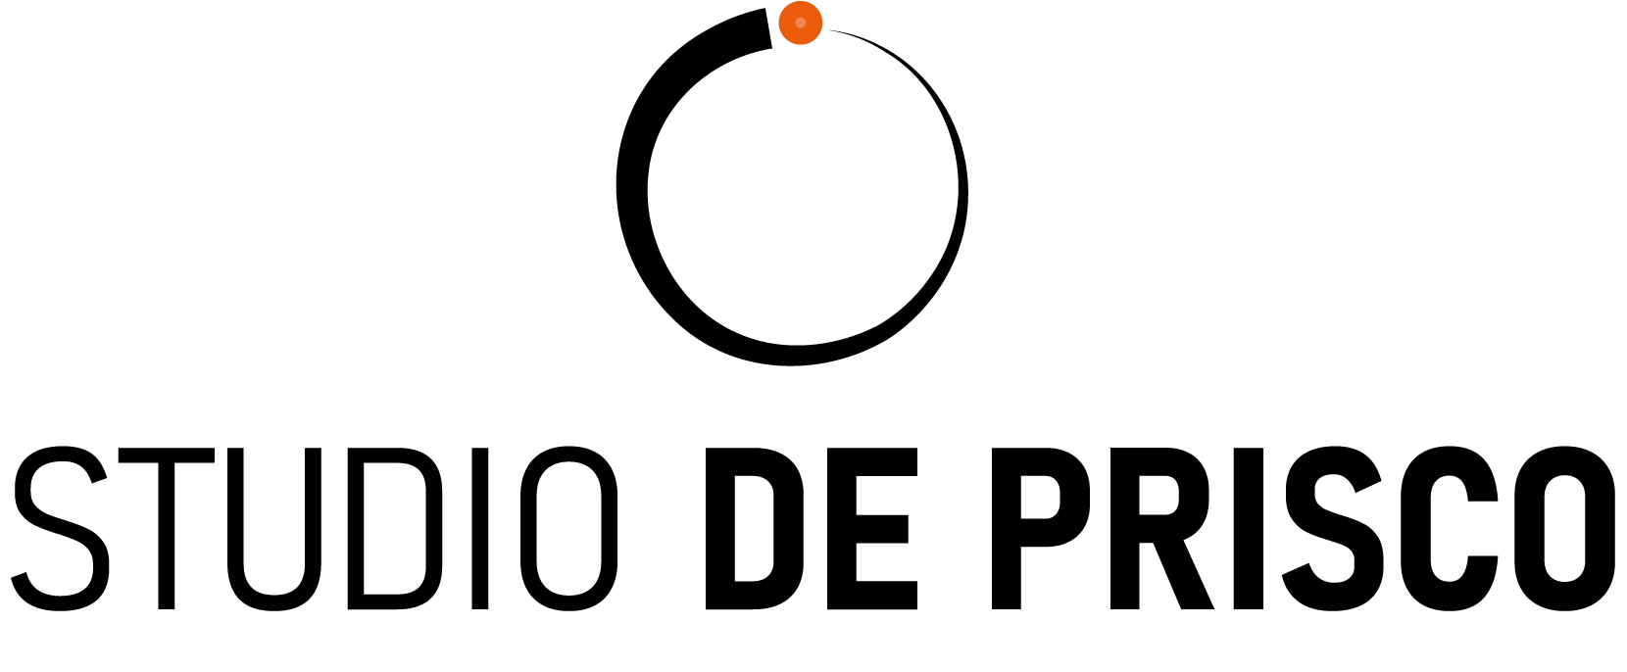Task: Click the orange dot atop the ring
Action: [801, 23]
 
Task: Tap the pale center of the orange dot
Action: [801, 23]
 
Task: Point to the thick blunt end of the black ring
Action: [767, 29]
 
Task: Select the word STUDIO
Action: [314, 528]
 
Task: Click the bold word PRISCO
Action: [1304, 528]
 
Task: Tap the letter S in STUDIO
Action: [60, 528]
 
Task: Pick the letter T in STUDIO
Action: [167, 528]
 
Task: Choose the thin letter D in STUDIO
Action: [395, 528]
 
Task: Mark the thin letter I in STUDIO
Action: [480, 528]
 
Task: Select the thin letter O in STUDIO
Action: [569, 528]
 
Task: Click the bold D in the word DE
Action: [755, 528]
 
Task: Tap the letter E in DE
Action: [872, 528]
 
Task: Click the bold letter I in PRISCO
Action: [1249, 528]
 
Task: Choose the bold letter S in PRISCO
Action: [1334, 528]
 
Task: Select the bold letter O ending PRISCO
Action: [1566, 528]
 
